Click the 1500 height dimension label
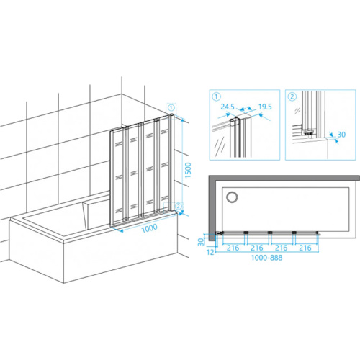(x=188, y=170)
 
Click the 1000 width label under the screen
(x=149, y=228)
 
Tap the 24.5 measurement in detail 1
(x=228, y=107)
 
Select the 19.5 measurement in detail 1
(x=265, y=107)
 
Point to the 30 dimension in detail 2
(x=341, y=135)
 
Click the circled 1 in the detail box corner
(x=217, y=97)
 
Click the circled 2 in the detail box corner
(x=292, y=97)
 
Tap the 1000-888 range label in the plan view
(x=266, y=258)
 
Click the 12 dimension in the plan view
(x=210, y=252)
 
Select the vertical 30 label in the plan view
(x=201, y=241)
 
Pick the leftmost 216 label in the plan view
(x=233, y=248)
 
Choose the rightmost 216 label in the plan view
(x=305, y=248)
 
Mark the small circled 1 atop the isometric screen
(x=171, y=107)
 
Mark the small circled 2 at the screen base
(x=179, y=206)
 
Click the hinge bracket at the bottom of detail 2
(x=309, y=132)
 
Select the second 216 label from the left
(x=257, y=248)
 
